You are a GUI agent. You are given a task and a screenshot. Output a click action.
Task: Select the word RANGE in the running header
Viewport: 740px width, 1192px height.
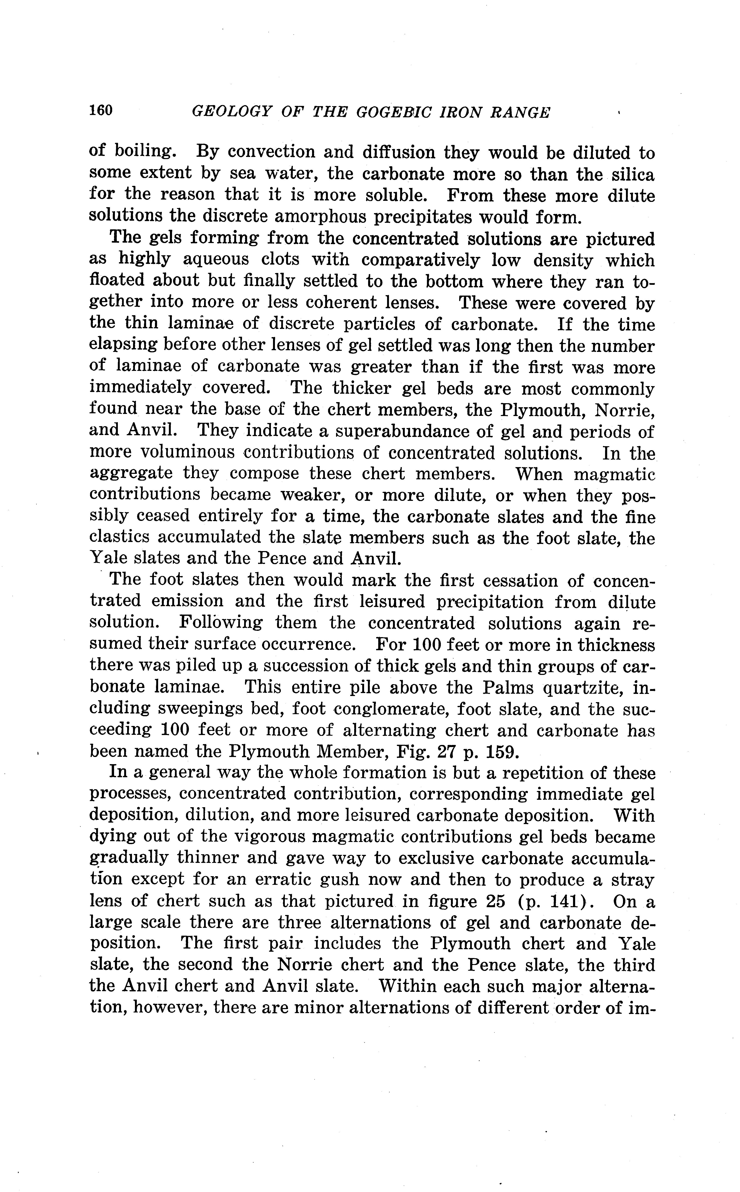click(520, 113)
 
